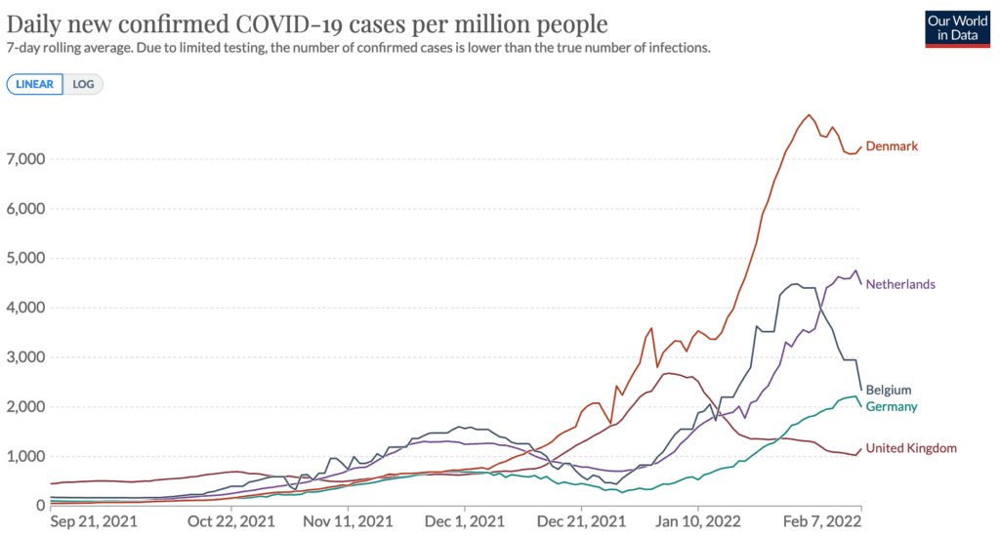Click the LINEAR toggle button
(x=34, y=84)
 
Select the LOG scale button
(x=83, y=84)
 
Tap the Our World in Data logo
(x=957, y=28)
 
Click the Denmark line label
(x=892, y=146)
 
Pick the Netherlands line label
(x=900, y=284)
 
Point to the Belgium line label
(x=889, y=390)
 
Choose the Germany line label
(x=891, y=406)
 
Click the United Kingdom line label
(x=911, y=448)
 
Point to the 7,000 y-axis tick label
(x=25, y=159)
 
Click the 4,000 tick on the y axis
(x=25, y=308)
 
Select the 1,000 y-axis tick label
(x=25, y=456)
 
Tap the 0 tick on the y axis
(x=41, y=505)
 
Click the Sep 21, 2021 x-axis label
(x=94, y=521)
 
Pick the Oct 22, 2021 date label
(x=230, y=521)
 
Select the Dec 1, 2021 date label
(x=464, y=521)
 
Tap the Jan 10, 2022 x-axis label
(x=697, y=521)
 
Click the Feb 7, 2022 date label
(x=822, y=521)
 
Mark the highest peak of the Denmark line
(x=809, y=115)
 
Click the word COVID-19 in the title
(x=295, y=24)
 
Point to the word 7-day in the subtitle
(x=21, y=49)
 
